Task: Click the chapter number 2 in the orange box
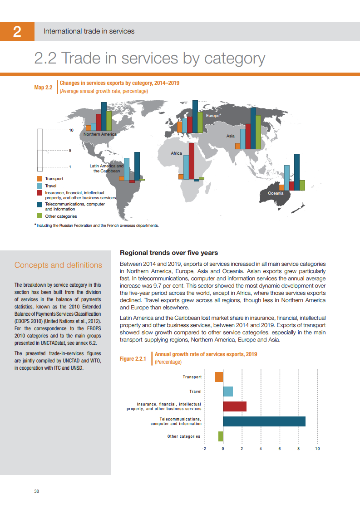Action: [17, 31]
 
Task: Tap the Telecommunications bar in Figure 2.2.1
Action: [264, 421]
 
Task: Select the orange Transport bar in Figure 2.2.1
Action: [219, 377]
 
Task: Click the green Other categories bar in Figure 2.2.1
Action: [221, 436]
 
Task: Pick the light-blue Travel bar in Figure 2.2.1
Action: [228, 392]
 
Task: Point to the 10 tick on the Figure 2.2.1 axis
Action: [317, 449]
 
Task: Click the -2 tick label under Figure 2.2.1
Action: [204, 449]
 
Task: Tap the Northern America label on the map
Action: [100, 134]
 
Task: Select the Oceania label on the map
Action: [276, 193]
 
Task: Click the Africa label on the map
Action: [176, 153]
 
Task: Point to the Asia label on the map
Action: [230, 136]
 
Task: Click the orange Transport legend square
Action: [39, 179]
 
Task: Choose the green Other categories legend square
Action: [39, 216]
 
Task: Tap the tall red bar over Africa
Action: [192, 161]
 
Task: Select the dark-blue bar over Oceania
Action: [297, 172]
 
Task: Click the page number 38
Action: [37, 492]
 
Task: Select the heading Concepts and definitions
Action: [58, 265]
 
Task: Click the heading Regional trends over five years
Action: [168, 253]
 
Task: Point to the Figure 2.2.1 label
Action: [133, 359]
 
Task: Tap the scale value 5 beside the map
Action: [70, 151]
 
